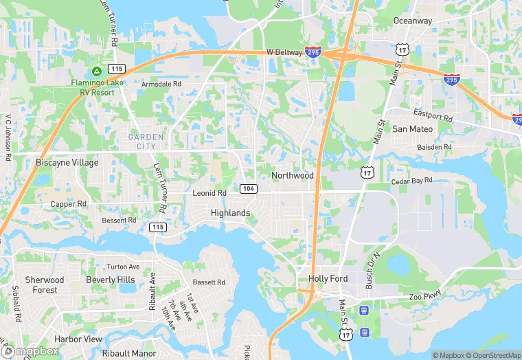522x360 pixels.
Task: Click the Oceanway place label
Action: (x=413, y=21)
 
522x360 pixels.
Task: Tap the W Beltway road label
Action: (x=285, y=52)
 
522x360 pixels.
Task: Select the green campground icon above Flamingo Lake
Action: (x=97, y=71)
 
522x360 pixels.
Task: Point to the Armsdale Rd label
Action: (x=161, y=84)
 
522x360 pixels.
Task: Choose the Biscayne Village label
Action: (x=67, y=163)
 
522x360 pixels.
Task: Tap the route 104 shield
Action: (x=249, y=188)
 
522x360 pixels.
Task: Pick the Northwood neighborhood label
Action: (x=292, y=175)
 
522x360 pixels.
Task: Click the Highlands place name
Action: (x=230, y=213)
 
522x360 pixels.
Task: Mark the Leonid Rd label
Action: (x=209, y=193)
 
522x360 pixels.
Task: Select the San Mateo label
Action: (x=412, y=128)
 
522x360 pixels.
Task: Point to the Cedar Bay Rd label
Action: (x=411, y=181)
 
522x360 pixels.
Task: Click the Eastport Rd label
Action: (x=433, y=115)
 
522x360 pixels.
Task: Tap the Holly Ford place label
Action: (x=328, y=278)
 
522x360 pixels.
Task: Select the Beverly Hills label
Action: (x=111, y=280)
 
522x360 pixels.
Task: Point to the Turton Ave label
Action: (x=123, y=267)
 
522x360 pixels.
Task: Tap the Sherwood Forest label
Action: (x=45, y=285)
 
